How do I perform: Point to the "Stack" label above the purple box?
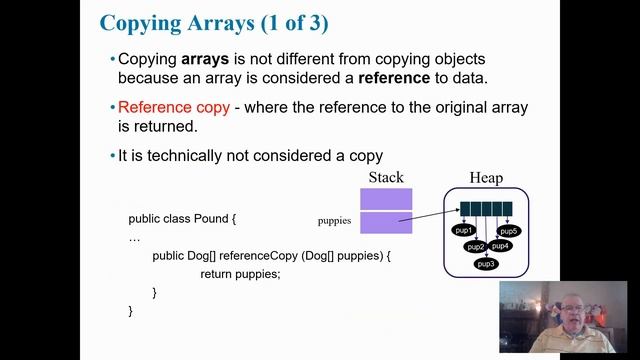[x=386, y=178]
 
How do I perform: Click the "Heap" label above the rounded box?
[x=486, y=178]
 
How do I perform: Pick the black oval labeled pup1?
[x=463, y=230]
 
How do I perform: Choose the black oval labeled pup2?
[x=475, y=246]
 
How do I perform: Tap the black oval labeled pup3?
[x=486, y=264]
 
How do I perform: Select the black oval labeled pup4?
[x=500, y=245]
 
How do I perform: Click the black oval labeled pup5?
[x=509, y=231]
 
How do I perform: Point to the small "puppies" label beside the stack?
[x=335, y=220]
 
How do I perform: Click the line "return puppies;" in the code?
[x=240, y=273]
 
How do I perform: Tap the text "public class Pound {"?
[x=182, y=218]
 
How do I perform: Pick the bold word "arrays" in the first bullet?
[x=205, y=59]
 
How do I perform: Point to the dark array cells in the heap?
[x=486, y=209]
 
